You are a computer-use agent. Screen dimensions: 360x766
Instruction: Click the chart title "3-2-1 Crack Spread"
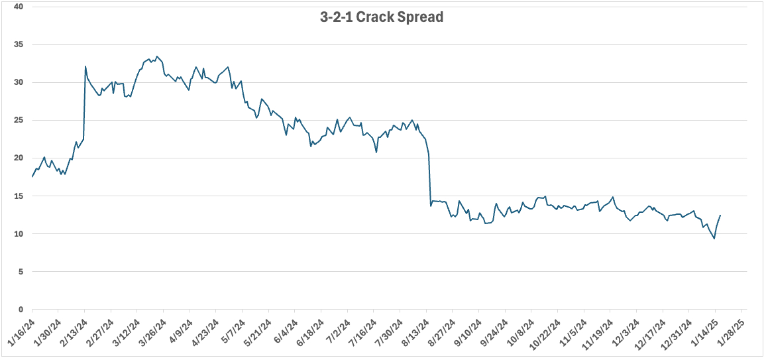coord(381,17)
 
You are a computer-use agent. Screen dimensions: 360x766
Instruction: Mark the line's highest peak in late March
coord(156,56)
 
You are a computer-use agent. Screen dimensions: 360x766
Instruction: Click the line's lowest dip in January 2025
coord(714,239)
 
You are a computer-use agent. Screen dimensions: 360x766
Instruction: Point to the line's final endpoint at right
coord(720,215)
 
